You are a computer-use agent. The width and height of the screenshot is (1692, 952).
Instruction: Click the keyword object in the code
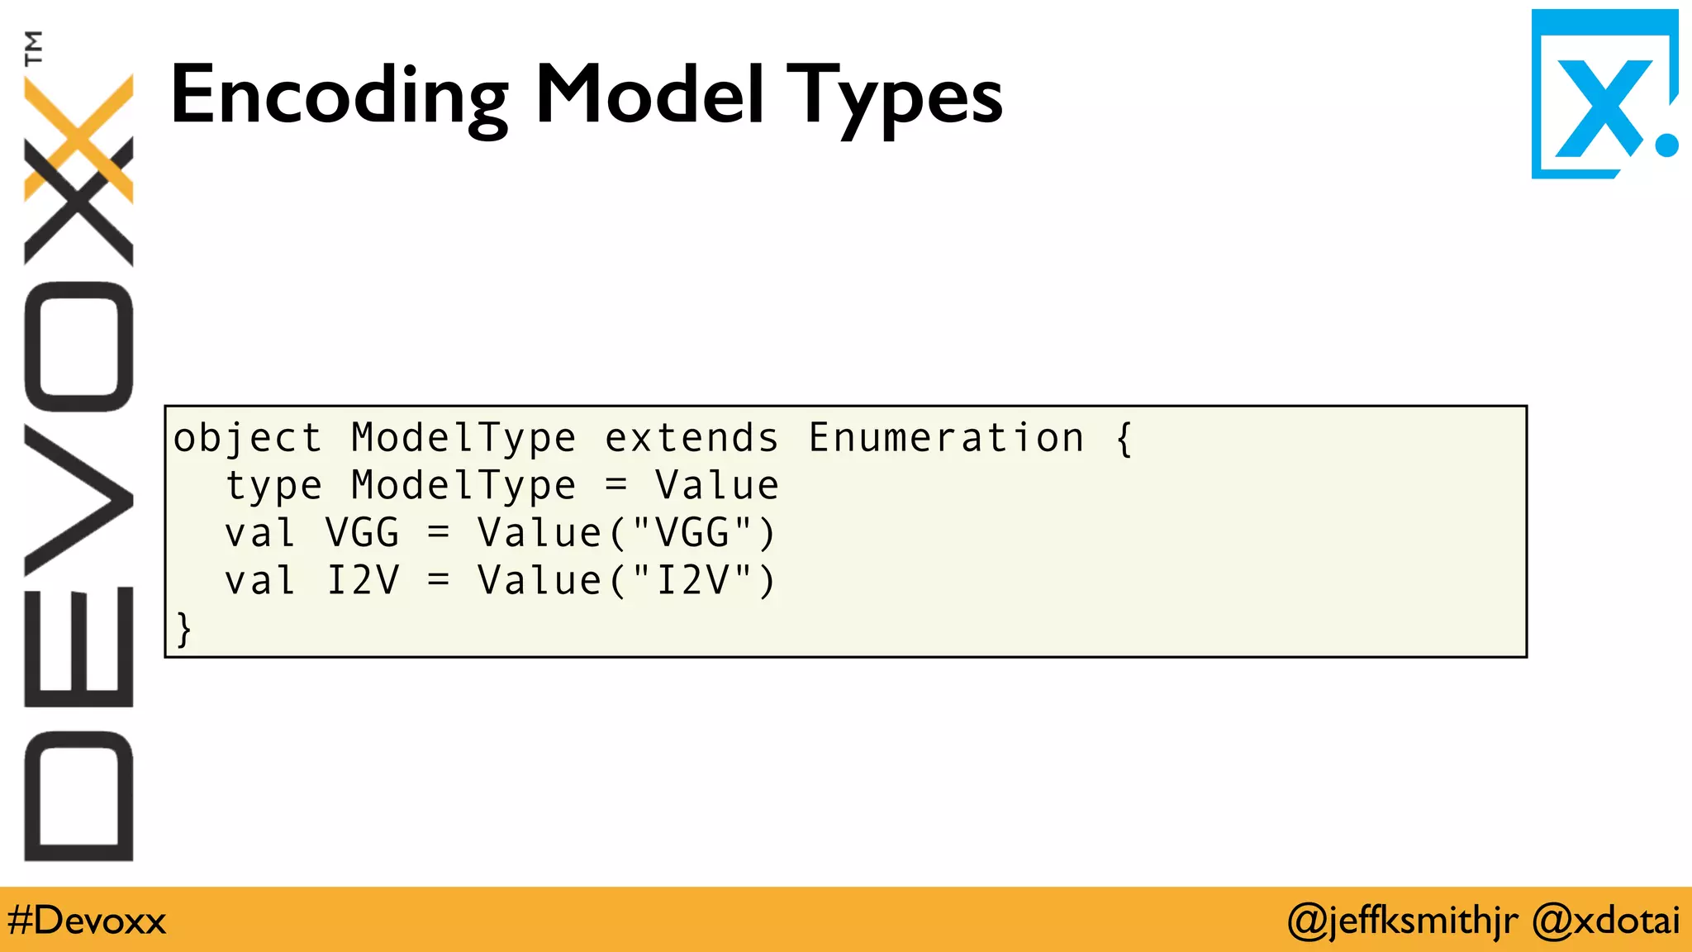pos(247,438)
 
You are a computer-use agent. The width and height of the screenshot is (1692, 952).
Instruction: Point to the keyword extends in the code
pos(692,438)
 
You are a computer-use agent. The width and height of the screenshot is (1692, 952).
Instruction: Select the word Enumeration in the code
pos(946,438)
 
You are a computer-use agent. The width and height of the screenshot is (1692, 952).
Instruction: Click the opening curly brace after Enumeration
pos(1124,438)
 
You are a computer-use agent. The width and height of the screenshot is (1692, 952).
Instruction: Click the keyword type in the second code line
pos(273,486)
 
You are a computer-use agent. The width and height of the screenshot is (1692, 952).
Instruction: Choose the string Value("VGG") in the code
pos(626,533)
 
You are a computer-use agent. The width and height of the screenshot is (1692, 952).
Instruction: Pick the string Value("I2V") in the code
pos(626,580)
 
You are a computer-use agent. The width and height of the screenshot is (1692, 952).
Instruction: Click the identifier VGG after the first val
pos(362,533)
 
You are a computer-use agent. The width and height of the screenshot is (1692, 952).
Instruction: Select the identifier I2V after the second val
pos(362,580)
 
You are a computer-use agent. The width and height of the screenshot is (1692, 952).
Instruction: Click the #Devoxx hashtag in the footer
pos(87,920)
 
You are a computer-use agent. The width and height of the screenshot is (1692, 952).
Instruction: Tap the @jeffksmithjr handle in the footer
pos(1402,920)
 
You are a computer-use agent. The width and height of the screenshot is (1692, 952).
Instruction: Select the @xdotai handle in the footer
pos(1605,920)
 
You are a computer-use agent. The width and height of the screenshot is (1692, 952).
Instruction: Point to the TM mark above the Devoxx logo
pos(33,48)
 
